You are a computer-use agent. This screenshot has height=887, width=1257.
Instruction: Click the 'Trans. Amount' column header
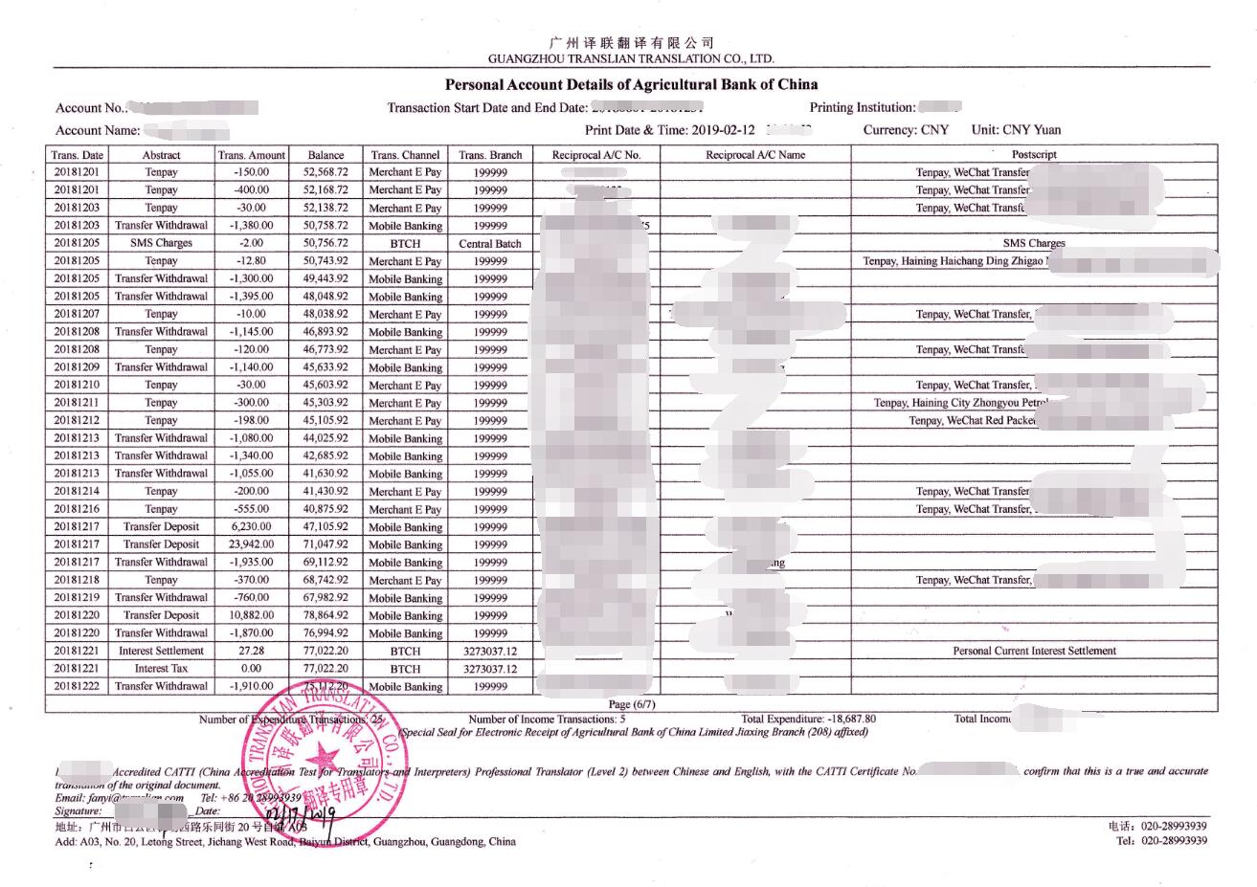(251, 154)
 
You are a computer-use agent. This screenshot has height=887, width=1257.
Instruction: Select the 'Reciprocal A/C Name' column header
(755, 154)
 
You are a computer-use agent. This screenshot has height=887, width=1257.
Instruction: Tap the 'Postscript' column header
(1034, 154)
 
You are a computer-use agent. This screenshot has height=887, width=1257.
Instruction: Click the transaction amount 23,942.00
(252, 544)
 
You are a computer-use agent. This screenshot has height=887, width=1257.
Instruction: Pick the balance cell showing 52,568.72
(325, 172)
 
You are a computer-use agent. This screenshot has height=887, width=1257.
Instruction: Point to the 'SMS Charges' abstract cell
(161, 243)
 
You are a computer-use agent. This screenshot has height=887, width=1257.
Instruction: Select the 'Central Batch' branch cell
(490, 243)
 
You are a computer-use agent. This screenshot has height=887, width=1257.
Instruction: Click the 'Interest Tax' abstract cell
(161, 669)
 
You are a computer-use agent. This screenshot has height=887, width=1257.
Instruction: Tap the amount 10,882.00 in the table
(252, 615)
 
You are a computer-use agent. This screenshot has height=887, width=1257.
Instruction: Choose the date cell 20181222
(78, 686)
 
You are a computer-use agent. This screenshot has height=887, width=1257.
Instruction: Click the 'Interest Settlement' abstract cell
(161, 651)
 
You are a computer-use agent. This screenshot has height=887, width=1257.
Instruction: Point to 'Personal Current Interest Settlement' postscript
(1034, 651)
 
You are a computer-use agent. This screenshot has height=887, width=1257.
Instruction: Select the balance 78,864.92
(325, 615)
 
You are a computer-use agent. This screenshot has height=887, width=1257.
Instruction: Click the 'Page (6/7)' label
(632, 704)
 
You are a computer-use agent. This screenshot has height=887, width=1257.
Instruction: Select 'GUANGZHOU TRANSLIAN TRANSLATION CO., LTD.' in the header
(630, 58)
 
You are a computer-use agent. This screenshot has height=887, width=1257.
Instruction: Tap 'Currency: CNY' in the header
(906, 130)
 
